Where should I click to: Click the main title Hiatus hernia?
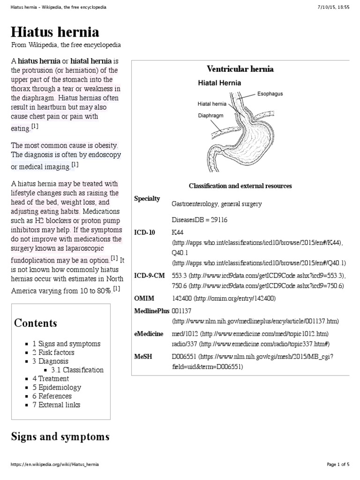coord(55,32)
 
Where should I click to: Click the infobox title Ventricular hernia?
coord(240,69)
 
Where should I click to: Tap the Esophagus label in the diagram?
coord(270,94)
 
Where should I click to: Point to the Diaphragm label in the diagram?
coord(211,114)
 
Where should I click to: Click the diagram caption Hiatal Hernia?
coord(219,83)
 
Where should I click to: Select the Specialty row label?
coord(147,199)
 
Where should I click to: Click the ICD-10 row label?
coord(144,232)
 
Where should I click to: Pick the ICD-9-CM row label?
coord(149,276)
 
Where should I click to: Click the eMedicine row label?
coord(149,334)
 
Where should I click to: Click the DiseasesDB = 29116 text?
coord(200,220)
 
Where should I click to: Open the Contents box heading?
coord(36,323)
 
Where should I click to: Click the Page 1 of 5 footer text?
coord(337,465)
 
